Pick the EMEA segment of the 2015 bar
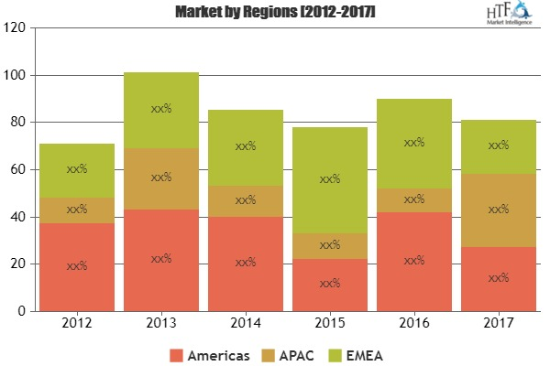coord(330,180)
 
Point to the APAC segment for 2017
coord(499,210)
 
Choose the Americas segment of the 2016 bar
coord(414,262)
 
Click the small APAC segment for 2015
coord(330,246)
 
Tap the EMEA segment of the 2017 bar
coord(499,146)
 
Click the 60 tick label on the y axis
coord(16,169)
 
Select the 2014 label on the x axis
coord(246,323)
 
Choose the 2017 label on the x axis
coord(499,323)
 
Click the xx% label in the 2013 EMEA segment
coord(161,109)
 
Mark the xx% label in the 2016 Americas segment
coord(414,261)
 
